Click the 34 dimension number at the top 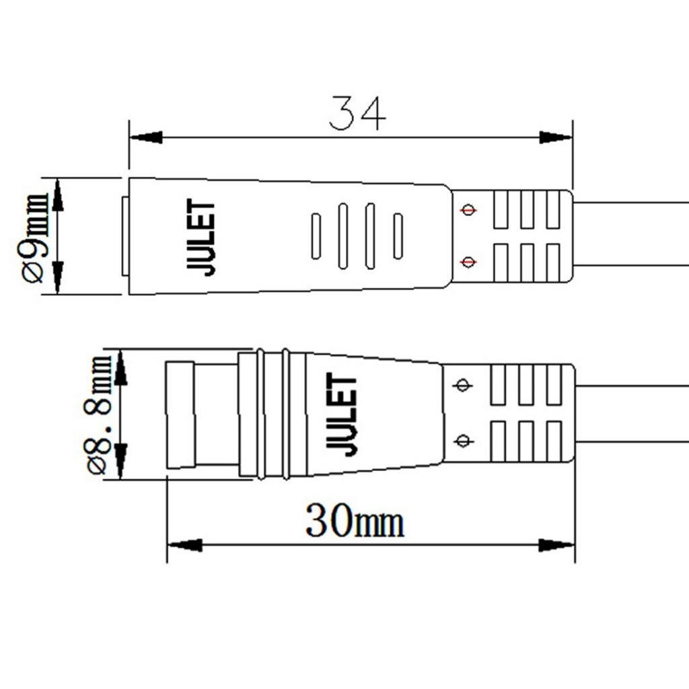click(x=357, y=114)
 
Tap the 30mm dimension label click(x=355, y=521)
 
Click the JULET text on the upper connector click(x=201, y=237)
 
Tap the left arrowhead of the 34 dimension click(x=145, y=137)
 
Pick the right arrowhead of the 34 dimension click(x=556, y=137)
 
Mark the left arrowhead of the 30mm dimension click(x=184, y=544)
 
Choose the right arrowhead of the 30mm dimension click(x=557, y=544)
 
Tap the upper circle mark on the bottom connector click(x=462, y=386)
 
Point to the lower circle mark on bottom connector click(x=462, y=441)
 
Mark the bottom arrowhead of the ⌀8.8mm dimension click(x=120, y=461)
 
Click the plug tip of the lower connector click(x=180, y=414)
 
